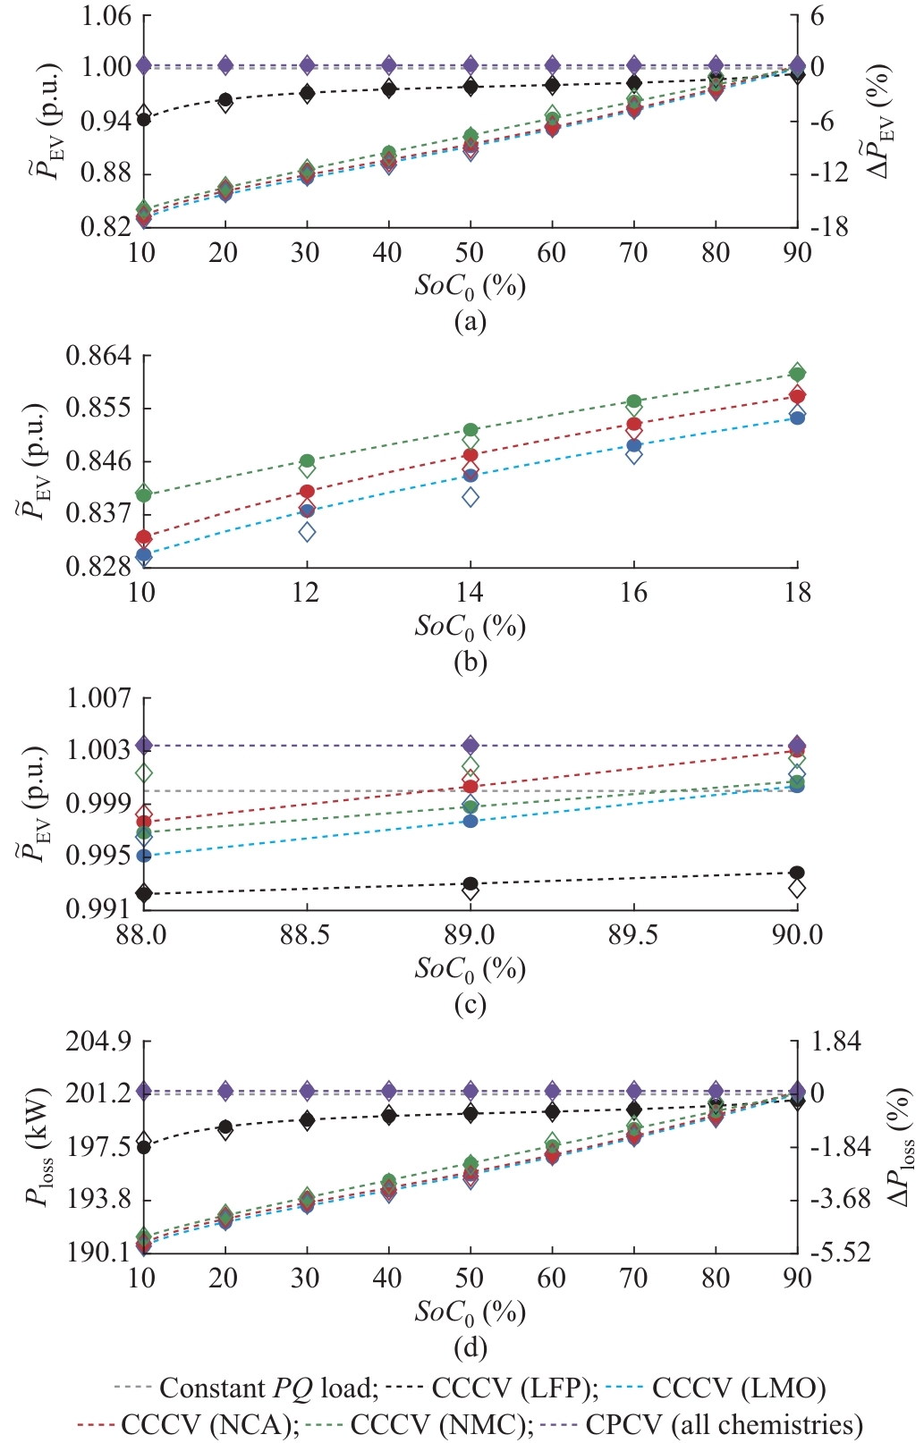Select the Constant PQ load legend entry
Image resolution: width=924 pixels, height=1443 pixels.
click(x=268, y=1388)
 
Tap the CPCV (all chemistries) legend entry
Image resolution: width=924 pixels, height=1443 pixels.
click(x=724, y=1423)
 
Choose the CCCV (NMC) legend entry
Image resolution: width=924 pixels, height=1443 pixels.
click(x=441, y=1423)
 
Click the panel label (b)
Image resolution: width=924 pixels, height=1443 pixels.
click(x=470, y=662)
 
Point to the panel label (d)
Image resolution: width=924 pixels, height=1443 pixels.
click(x=470, y=1346)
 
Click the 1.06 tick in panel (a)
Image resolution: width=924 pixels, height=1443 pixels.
click(x=106, y=16)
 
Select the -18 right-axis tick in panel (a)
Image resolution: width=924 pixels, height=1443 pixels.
click(x=829, y=227)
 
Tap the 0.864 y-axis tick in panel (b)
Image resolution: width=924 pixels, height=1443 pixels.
click(x=98, y=356)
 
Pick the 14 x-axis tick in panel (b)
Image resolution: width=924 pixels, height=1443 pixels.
click(x=470, y=593)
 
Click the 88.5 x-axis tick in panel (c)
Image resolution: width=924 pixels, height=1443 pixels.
click(x=306, y=935)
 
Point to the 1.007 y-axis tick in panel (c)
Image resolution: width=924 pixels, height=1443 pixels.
click(x=98, y=697)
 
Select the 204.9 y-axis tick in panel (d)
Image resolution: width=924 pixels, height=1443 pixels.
click(x=98, y=1042)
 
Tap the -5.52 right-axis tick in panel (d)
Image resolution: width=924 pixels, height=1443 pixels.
click(x=840, y=1252)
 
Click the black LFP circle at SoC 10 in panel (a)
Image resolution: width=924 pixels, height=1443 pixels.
click(x=143, y=119)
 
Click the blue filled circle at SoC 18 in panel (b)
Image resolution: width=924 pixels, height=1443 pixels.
click(x=798, y=418)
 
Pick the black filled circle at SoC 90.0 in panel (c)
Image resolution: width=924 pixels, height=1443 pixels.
click(x=797, y=873)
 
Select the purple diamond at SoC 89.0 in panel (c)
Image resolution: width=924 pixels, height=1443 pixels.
click(x=470, y=745)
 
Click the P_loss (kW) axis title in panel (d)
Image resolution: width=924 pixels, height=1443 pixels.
click(x=40, y=1147)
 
